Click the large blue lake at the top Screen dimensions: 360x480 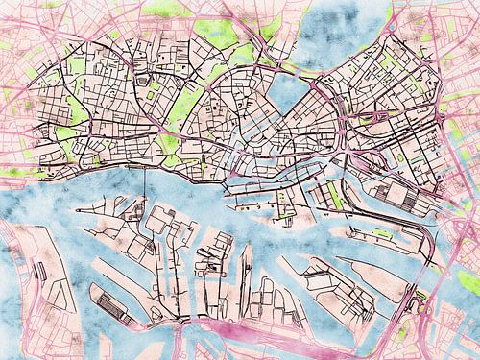tap(341, 38)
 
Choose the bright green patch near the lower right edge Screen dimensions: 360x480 tap(468, 279)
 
